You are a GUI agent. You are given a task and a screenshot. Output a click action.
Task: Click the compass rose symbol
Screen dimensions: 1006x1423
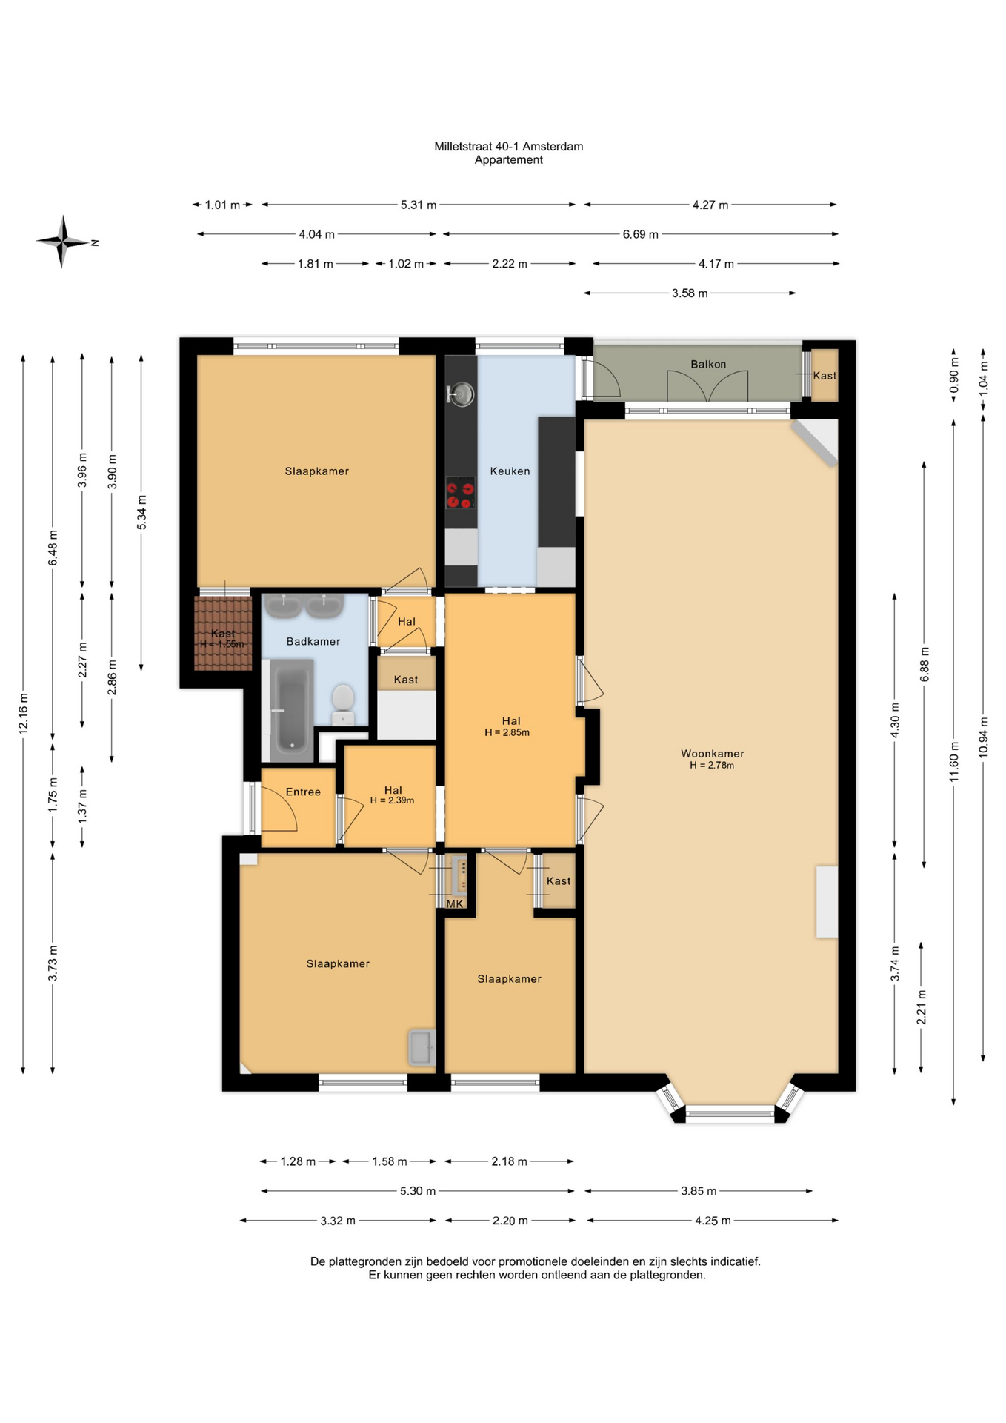(62, 242)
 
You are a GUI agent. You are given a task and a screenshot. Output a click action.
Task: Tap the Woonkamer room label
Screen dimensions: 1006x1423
(713, 754)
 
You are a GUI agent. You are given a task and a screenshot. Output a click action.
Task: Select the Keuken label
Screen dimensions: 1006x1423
(510, 471)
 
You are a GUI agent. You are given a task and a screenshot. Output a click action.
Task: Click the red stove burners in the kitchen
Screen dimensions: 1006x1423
(460, 494)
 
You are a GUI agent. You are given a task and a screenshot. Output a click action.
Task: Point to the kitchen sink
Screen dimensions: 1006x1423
(462, 394)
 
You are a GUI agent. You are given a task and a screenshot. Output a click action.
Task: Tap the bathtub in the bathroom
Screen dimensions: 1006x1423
(292, 710)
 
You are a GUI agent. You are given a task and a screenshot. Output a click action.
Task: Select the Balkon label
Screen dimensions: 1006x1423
(708, 364)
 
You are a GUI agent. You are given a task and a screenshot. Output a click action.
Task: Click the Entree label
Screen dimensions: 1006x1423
(303, 792)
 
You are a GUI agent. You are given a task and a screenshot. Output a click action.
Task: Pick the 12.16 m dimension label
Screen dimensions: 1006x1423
(23, 714)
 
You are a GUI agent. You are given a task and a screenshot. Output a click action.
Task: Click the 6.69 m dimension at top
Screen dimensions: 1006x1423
(641, 234)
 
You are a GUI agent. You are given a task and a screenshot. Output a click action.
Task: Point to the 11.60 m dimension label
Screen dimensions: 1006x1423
(954, 760)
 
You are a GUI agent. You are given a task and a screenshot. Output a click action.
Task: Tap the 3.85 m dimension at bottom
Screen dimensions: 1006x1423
(699, 1191)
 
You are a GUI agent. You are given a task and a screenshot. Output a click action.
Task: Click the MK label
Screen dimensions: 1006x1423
(455, 904)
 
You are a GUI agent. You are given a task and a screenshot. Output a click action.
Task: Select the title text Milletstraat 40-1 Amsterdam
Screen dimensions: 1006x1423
(509, 147)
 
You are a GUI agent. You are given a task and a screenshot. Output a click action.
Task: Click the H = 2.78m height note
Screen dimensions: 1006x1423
(712, 766)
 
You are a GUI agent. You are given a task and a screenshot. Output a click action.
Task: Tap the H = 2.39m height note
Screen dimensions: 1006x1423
(392, 800)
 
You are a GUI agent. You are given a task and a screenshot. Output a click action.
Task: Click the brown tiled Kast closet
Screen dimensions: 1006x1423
(223, 633)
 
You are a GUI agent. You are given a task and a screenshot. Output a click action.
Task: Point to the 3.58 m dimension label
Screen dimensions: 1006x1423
(690, 293)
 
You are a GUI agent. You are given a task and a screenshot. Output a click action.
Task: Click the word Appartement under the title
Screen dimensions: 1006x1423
(509, 160)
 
